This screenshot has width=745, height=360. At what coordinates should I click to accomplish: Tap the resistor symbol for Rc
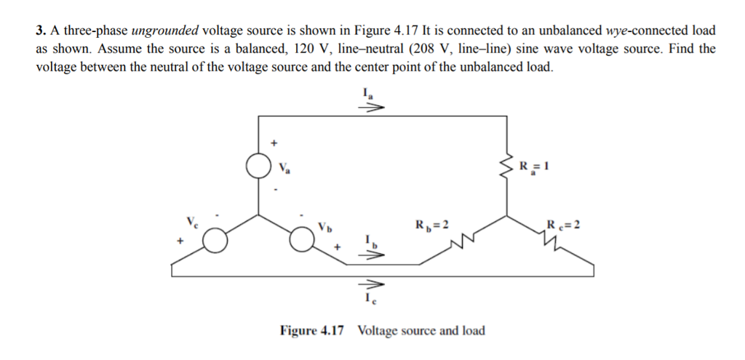(x=555, y=239)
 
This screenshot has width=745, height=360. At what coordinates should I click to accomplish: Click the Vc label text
(x=191, y=220)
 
